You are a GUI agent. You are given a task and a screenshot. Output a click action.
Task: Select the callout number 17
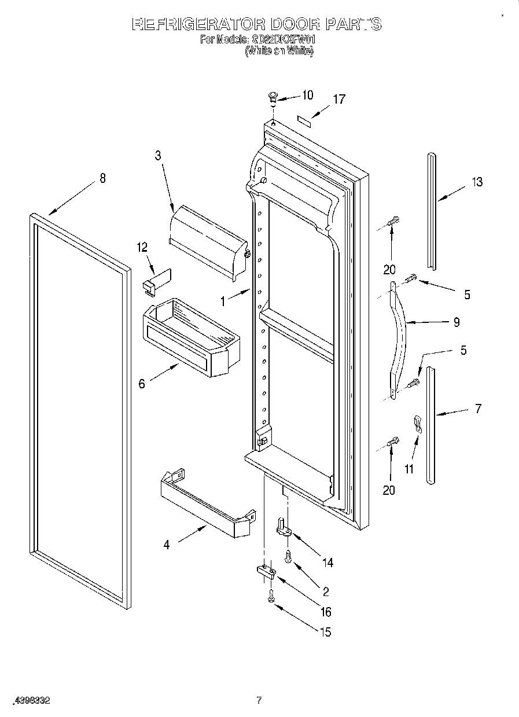(338, 99)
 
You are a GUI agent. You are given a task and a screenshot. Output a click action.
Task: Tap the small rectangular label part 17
(304, 119)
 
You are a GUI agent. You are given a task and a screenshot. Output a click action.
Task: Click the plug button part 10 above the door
(273, 97)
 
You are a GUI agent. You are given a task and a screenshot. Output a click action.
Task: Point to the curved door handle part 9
(400, 336)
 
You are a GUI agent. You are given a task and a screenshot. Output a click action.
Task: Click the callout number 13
(476, 182)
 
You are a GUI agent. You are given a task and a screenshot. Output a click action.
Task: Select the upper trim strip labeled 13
(432, 211)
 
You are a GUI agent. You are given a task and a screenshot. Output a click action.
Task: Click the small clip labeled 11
(417, 424)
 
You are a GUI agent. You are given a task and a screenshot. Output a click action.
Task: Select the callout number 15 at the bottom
(325, 632)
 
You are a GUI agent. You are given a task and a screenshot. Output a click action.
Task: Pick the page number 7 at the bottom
(259, 700)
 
